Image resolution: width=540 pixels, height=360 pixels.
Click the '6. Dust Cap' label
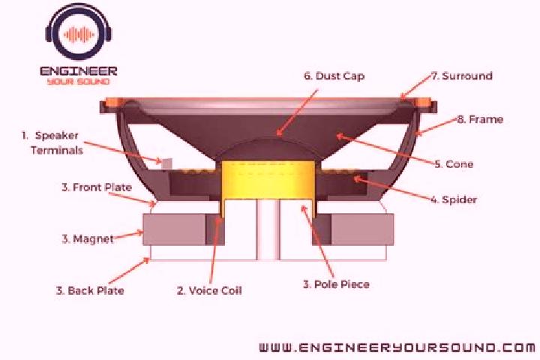tap(334, 76)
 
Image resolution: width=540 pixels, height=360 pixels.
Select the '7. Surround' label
tap(462, 76)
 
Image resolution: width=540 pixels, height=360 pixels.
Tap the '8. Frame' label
tap(480, 119)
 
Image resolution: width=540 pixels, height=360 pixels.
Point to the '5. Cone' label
tap(454, 164)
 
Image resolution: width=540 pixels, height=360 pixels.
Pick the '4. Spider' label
tap(454, 199)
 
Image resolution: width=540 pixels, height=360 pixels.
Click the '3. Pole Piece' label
tap(336, 284)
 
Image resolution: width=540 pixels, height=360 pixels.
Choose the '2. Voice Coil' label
tap(209, 290)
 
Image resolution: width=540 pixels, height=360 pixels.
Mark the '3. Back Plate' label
tap(90, 290)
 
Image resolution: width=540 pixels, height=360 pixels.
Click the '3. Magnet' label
tap(88, 238)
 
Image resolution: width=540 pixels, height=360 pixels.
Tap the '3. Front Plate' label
tap(97, 187)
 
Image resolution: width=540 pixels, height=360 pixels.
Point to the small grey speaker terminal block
tap(166, 163)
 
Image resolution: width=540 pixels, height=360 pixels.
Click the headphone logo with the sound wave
tap(79, 34)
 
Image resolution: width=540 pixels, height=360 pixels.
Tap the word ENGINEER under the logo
tap(79, 71)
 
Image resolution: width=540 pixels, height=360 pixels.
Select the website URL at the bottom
tap(397, 347)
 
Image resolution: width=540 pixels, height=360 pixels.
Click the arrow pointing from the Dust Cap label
tap(297, 112)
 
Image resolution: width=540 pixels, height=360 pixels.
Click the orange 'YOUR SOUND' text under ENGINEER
tap(79, 82)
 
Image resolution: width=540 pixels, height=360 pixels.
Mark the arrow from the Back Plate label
tap(129, 271)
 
